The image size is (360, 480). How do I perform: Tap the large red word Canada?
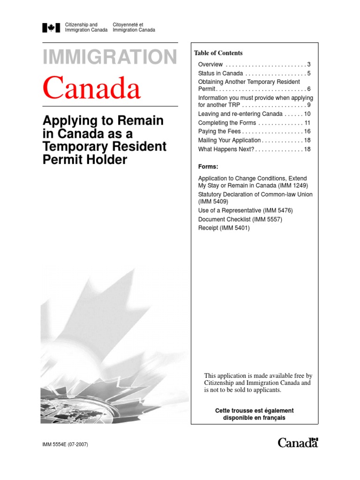(x=92, y=88)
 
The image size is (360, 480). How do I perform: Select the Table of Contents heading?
(x=218, y=53)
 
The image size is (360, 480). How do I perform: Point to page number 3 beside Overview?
(x=309, y=64)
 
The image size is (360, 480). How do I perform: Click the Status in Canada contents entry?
(x=220, y=74)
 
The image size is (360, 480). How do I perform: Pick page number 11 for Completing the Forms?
(x=307, y=123)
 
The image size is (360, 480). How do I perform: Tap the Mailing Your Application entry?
(x=229, y=141)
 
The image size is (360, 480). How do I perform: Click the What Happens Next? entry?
(x=226, y=150)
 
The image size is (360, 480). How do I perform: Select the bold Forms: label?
(x=208, y=166)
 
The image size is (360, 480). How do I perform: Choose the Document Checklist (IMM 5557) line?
(x=240, y=219)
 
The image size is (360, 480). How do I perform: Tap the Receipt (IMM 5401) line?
(x=224, y=228)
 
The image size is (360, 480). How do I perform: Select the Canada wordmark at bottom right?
(x=298, y=442)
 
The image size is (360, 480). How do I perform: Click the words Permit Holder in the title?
(x=85, y=160)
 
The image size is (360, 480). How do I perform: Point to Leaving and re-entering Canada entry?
(x=240, y=114)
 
